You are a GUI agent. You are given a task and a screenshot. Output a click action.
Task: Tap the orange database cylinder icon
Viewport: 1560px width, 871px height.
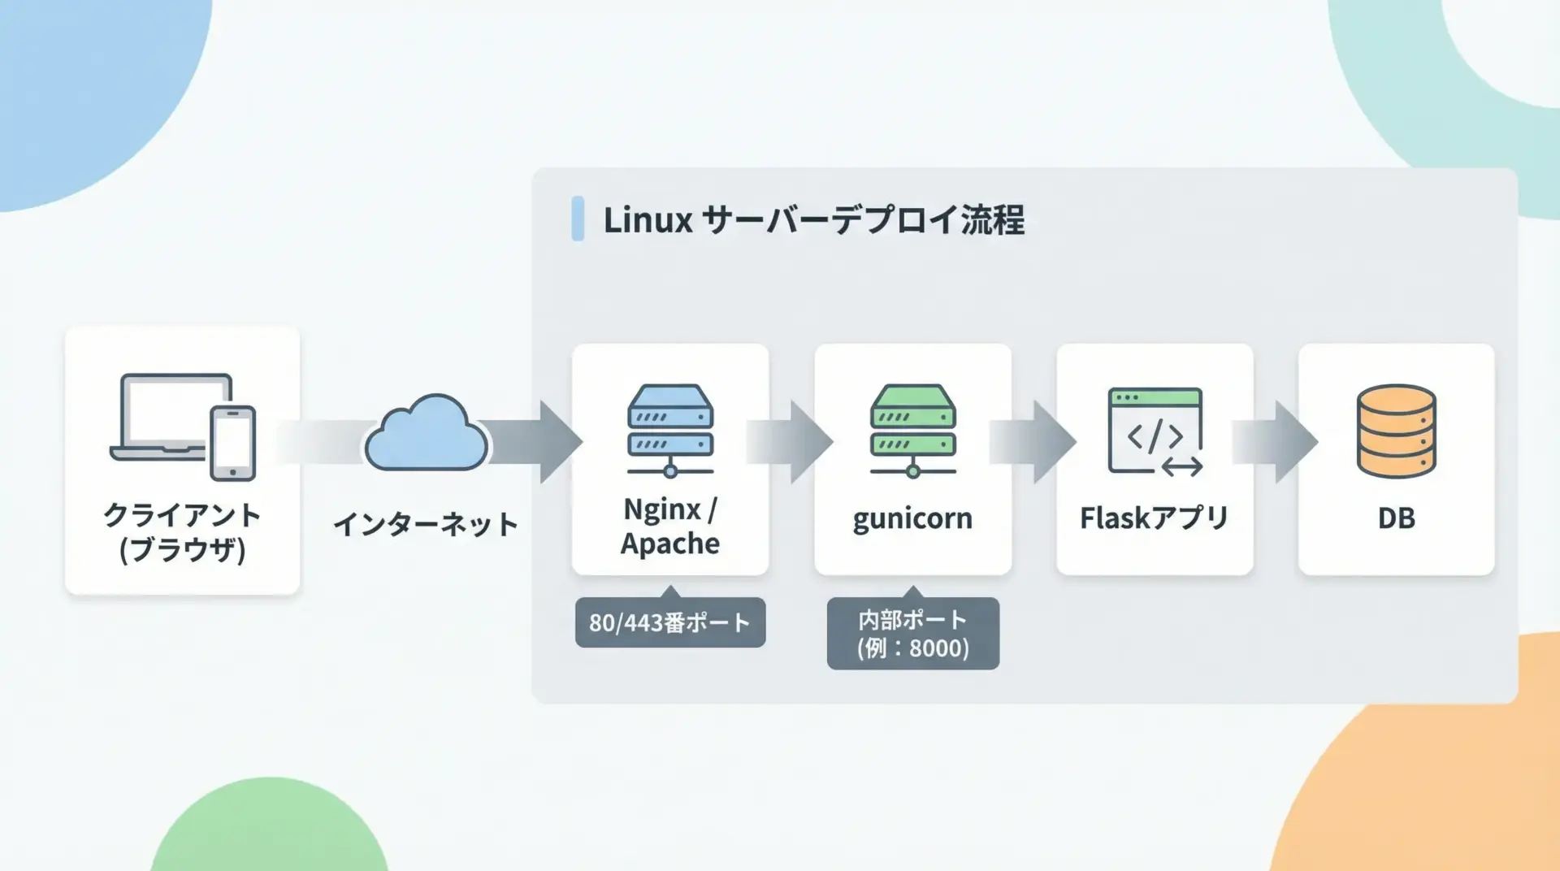tap(1396, 431)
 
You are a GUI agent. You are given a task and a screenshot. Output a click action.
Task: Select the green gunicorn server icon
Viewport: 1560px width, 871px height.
tap(912, 430)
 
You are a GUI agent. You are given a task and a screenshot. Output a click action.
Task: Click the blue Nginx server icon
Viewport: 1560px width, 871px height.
tap(670, 430)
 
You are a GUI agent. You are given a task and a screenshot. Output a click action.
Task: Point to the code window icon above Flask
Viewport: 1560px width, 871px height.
tap(1155, 431)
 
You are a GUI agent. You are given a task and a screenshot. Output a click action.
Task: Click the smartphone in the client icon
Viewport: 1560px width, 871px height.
tap(233, 443)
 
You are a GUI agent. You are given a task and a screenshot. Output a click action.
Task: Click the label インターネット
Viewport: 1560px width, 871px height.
tap(426, 524)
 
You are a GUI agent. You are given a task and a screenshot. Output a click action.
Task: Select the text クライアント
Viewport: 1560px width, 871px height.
tap(182, 515)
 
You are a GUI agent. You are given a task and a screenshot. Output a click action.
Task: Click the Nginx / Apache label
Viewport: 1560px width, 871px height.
tap(670, 526)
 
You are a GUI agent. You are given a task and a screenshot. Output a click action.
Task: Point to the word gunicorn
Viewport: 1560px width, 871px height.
tap(912, 518)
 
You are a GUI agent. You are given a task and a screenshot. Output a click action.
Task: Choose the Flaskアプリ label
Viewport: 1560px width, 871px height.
tap(1154, 518)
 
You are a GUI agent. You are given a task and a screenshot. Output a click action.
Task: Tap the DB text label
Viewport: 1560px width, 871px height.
tap(1396, 518)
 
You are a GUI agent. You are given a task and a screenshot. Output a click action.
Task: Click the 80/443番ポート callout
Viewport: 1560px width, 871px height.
tap(670, 622)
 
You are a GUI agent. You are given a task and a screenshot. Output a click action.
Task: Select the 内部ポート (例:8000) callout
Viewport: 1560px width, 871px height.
tap(912, 634)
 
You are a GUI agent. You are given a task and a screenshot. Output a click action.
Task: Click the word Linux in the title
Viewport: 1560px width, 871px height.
tap(648, 219)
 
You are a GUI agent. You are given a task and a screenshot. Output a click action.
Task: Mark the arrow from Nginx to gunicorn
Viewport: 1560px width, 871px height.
tap(791, 442)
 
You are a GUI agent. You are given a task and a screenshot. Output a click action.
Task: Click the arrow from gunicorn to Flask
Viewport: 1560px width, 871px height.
tap(1033, 442)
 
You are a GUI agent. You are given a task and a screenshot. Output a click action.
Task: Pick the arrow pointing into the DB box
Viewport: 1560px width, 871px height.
tap(1276, 442)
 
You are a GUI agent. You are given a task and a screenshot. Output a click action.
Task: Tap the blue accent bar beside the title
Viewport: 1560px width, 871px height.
tap(578, 219)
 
